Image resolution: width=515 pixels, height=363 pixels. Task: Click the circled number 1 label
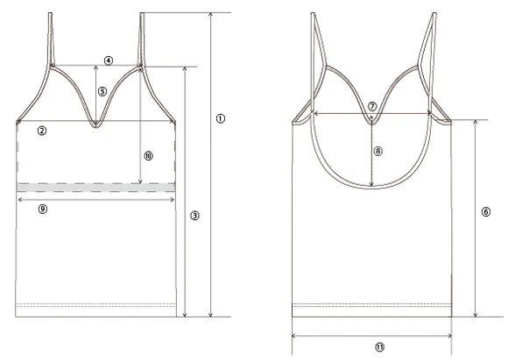tap(221, 118)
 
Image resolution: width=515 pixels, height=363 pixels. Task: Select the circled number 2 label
tap(42, 131)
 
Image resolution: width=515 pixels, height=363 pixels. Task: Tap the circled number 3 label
tap(194, 216)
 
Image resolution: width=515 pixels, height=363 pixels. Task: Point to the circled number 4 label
tap(109, 60)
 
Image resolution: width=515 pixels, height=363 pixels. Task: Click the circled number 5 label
tap(102, 91)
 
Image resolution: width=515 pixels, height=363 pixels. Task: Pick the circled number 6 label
tap(486, 212)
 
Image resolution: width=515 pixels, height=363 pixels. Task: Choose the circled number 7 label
tap(372, 107)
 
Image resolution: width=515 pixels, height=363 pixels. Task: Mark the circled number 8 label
tap(378, 151)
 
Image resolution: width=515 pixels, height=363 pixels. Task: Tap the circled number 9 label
tap(43, 209)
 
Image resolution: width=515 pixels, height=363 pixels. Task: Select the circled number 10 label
tap(149, 156)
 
